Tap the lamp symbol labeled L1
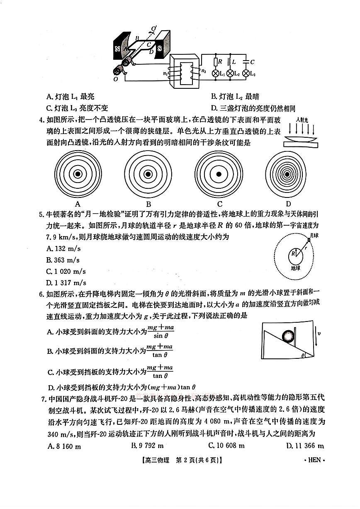[x=216, y=73]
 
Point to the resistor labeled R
[x=215, y=62]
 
